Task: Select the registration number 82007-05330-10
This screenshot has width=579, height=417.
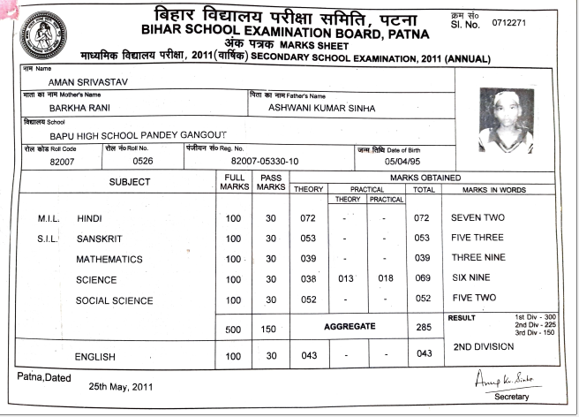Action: click(x=265, y=162)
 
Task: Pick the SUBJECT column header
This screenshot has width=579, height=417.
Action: click(x=130, y=182)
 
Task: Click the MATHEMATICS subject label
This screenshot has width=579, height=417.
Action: click(x=109, y=259)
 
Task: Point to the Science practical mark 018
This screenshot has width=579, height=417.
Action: click(x=385, y=280)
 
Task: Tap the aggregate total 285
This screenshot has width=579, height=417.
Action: click(x=423, y=329)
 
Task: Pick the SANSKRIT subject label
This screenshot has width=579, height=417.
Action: click(x=99, y=239)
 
